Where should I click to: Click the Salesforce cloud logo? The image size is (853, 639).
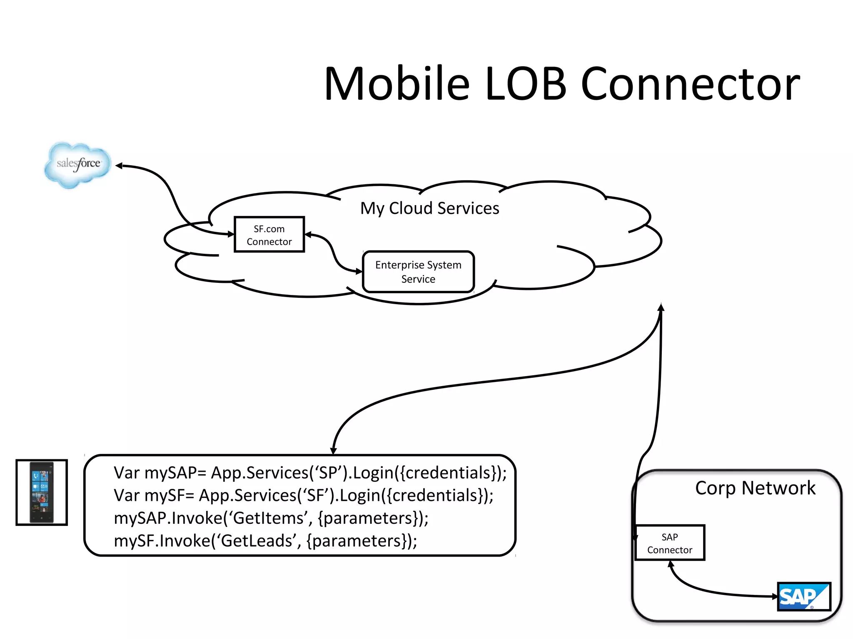[78, 164]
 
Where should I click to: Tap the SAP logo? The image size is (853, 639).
[803, 596]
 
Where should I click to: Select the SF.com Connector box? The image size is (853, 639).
[269, 235]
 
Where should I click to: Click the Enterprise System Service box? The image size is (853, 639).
[418, 272]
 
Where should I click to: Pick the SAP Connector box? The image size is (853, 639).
[669, 543]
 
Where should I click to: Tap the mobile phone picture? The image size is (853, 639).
[42, 492]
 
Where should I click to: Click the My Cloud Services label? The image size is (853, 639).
[429, 208]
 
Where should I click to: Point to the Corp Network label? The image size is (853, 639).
[755, 488]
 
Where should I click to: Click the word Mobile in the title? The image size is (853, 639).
[397, 84]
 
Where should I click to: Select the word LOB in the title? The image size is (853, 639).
[526, 84]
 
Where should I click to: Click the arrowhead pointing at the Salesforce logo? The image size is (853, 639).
[119, 166]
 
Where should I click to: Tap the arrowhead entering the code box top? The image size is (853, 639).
[333, 451]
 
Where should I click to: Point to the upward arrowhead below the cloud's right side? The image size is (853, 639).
[661, 307]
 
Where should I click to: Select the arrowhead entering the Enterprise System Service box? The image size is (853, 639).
[359, 271]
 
